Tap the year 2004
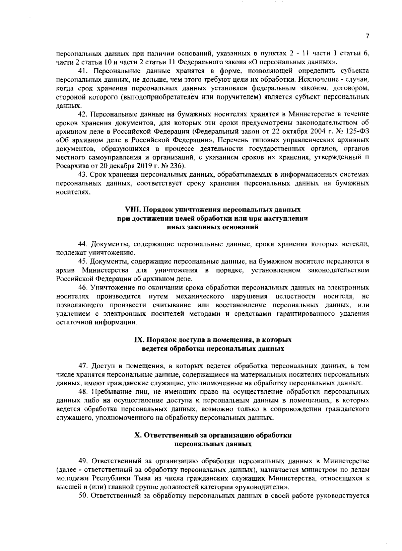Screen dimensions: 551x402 (x=321, y=130)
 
